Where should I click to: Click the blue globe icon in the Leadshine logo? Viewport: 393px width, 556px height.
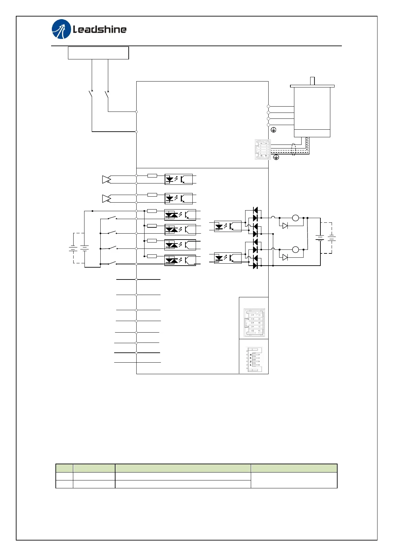[x=61, y=29]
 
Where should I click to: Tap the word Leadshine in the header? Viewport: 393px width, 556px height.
[x=100, y=30]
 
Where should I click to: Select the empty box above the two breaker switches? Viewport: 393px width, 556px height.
[x=98, y=53]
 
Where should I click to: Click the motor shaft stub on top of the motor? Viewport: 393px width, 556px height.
[x=312, y=81]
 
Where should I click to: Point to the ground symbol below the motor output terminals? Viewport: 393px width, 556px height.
[x=273, y=130]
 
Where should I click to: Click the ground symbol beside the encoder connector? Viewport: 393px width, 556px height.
[x=276, y=157]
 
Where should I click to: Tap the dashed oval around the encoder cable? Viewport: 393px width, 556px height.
[x=294, y=149]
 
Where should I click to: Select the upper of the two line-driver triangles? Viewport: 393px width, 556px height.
[x=106, y=180]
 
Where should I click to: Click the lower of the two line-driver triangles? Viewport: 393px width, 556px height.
[x=106, y=199]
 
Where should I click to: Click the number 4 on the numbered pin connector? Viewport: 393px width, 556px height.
[x=250, y=355]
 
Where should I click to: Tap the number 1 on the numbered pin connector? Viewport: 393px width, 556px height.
[x=250, y=365]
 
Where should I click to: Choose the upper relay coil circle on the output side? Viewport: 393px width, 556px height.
[x=295, y=218]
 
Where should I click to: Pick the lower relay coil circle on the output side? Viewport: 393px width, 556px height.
[x=295, y=249]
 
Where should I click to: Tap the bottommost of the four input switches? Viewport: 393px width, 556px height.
[x=112, y=263]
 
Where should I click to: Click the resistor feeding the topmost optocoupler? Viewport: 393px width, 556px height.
[x=152, y=176]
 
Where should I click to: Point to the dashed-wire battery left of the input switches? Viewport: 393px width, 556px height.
[x=73, y=248]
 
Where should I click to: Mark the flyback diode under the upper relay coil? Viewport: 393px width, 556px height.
[x=285, y=226]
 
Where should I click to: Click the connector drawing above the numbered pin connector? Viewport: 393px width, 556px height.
[x=254, y=322]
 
